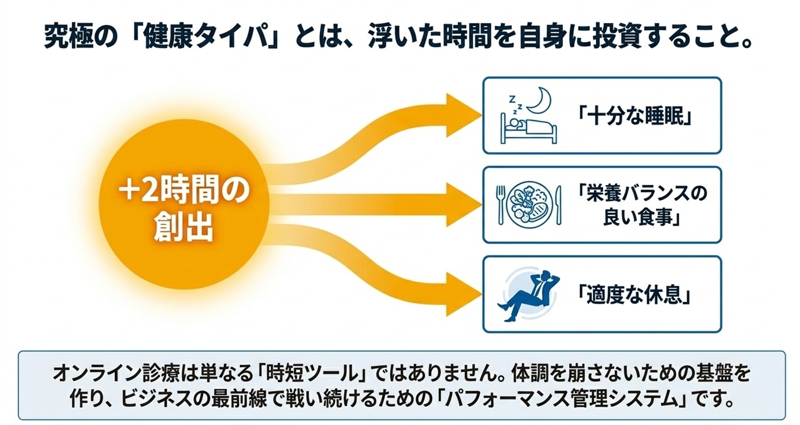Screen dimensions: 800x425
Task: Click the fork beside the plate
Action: [x=500, y=205]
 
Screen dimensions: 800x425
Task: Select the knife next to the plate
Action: [x=558, y=205]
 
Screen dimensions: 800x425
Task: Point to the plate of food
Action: [x=530, y=205]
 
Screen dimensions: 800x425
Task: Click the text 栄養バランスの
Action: [x=643, y=193]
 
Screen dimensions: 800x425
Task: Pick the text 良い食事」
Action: [x=642, y=217]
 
